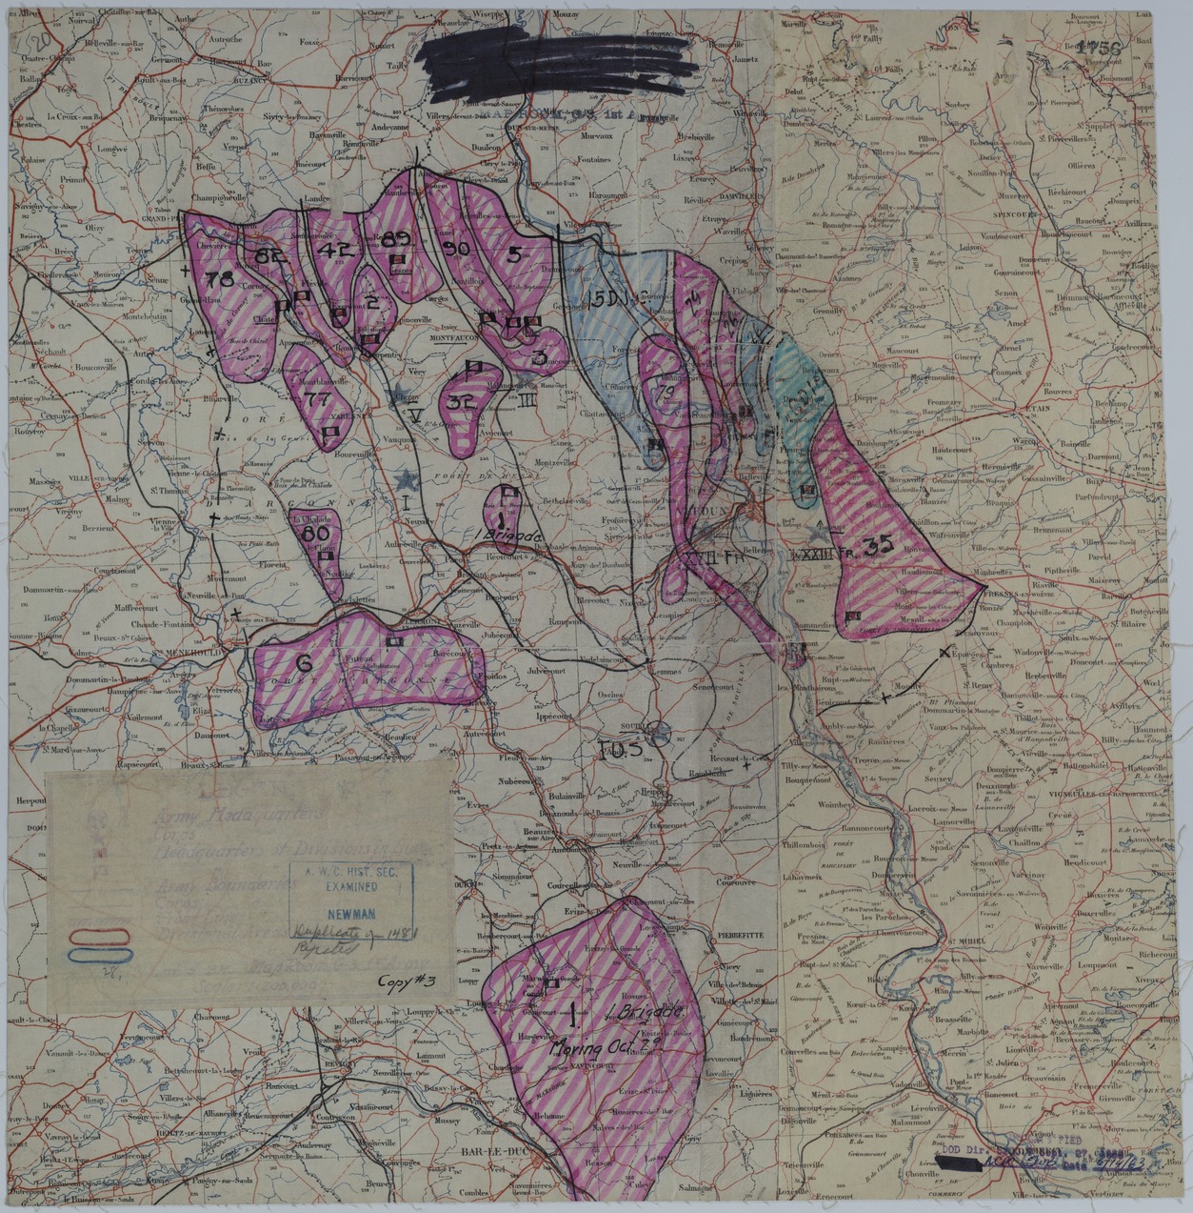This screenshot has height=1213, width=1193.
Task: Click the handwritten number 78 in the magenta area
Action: (x=219, y=279)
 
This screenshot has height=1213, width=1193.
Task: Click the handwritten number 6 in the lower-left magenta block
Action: (x=305, y=662)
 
